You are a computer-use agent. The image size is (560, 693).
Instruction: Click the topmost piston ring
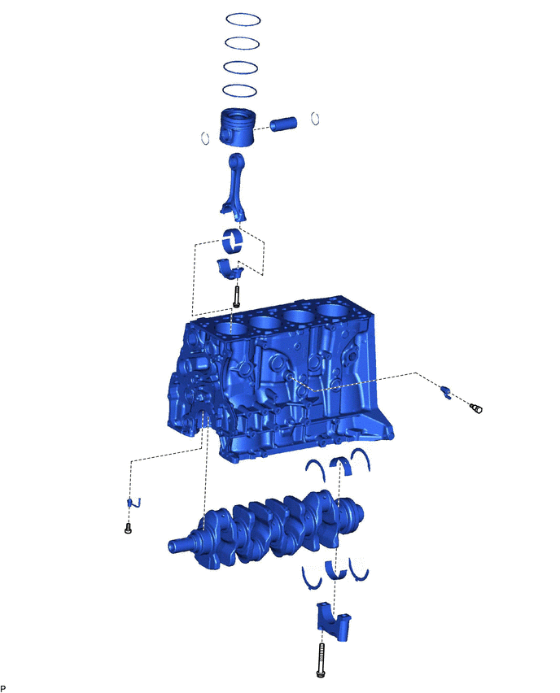(x=243, y=14)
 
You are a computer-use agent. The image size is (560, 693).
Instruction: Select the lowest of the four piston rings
(x=240, y=85)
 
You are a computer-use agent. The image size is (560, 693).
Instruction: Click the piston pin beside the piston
(x=283, y=124)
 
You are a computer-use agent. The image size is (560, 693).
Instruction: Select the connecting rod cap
(x=230, y=269)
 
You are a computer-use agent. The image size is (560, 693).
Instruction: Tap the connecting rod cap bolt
(x=237, y=296)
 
